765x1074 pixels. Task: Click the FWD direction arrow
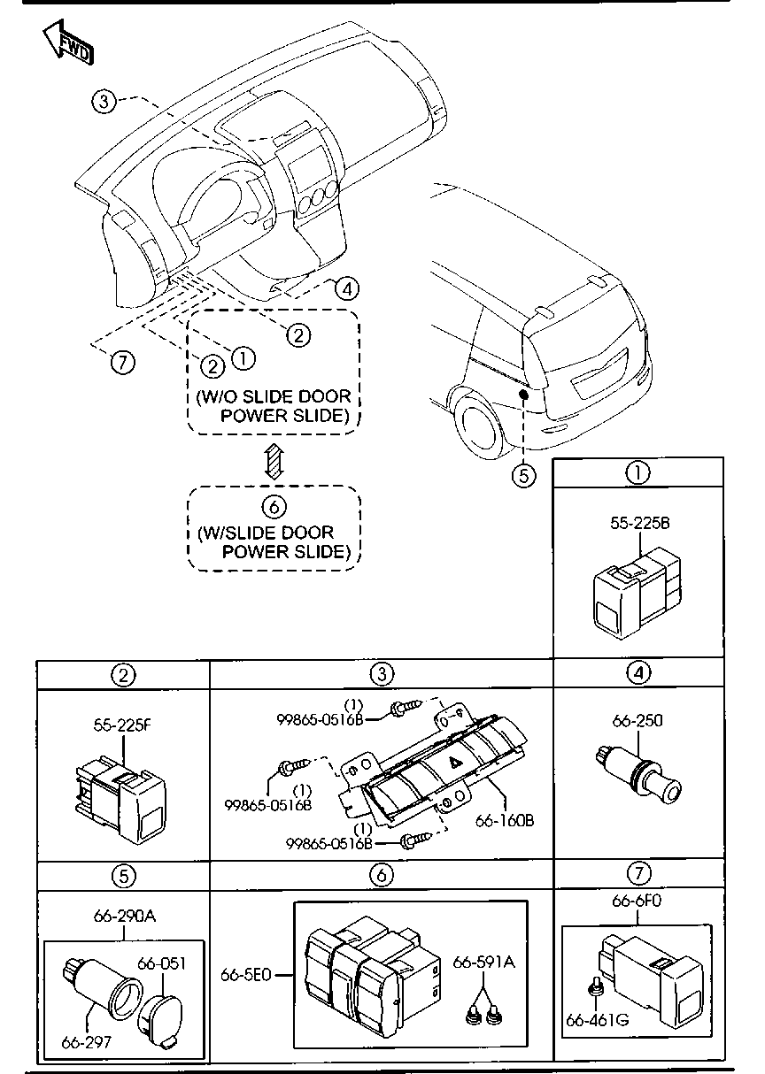pos(66,43)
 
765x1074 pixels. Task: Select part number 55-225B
pos(638,523)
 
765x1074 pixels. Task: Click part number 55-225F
pos(122,725)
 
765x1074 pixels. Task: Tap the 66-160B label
pos(505,819)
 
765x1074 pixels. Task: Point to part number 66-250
pos(637,721)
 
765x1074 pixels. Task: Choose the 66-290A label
pos(124,916)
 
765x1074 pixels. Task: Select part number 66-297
pos(87,1041)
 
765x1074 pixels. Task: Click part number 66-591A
pos(483,962)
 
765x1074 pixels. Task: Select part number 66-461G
pos(597,1019)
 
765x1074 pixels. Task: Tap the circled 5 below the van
pos(524,475)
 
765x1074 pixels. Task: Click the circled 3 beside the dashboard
pos(104,102)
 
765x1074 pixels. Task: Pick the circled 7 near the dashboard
pos(121,361)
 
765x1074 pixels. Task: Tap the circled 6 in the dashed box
pos(274,506)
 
